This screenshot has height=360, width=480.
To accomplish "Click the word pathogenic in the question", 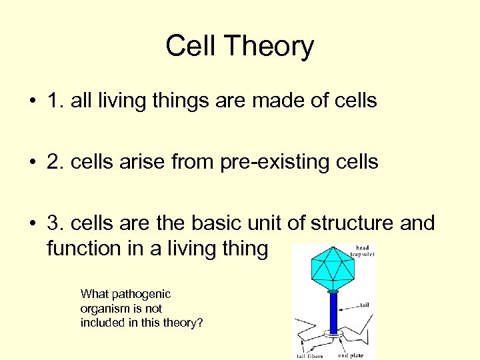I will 141,294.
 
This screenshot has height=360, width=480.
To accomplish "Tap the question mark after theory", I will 200,323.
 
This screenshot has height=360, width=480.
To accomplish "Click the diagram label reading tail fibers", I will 310,355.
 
